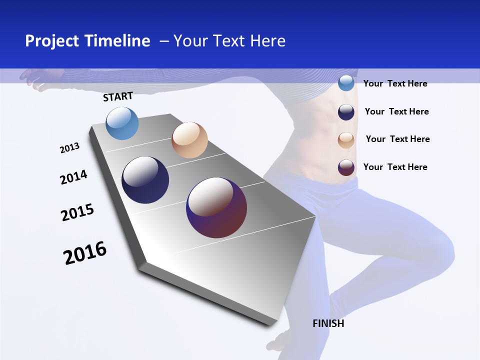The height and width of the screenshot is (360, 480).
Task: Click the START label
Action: click(118, 96)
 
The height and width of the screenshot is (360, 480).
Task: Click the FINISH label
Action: click(328, 323)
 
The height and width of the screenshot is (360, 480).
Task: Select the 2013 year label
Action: click(69, 147)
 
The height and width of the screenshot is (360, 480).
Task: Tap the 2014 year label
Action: click(73, 177)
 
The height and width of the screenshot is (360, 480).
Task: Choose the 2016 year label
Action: click(85, 253)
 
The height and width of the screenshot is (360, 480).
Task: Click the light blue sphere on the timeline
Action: click(122, 123)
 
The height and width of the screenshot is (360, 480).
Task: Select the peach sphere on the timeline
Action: click(189, 140)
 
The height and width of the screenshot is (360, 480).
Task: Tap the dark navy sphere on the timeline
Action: click(145, 180)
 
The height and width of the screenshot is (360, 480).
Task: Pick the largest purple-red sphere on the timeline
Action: click(216, 207)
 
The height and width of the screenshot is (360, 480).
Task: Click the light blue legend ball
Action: click(346, 83)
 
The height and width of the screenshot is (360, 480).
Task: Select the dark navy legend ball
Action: click(346, 112)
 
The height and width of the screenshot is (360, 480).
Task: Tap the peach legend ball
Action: click(346, 140)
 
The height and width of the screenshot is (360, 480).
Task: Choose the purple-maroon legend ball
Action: click(346, 167)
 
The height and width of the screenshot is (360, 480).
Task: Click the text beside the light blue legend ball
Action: click(395, 83)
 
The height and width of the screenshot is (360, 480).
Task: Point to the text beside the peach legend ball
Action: click(397, 139)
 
